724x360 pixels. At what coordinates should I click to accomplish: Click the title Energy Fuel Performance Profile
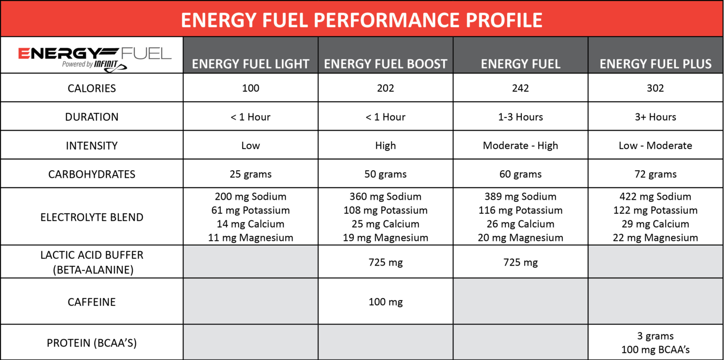pos(362,20)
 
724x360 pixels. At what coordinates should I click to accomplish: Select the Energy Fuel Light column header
pos(251,64)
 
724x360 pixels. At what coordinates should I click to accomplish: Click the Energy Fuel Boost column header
pos(386,64)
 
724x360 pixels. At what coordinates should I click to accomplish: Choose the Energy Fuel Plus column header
pos(655,64)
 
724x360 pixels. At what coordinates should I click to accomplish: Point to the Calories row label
pos(92,88)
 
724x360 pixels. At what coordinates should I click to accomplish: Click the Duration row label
pos(92,117)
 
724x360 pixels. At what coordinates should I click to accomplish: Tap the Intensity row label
pos(92,145)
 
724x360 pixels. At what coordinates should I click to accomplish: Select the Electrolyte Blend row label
pos(92,217)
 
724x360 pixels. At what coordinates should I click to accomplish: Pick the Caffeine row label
pos(92,302)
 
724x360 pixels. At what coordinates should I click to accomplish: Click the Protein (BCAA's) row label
pos(92,343)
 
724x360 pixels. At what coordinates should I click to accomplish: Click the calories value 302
pos(655,88)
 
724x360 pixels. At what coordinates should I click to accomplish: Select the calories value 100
pos(251,88)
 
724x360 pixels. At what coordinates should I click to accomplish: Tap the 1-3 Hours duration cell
pos(520,117)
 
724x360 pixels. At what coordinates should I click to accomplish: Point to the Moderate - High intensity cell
pos(520,145)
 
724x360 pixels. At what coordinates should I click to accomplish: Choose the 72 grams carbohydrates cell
pos(655,174)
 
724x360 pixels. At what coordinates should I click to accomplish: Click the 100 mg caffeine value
pos(386,302)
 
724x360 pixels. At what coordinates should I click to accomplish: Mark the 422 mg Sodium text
pos(655,196)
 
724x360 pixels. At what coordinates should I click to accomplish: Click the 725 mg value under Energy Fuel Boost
pos(386,263)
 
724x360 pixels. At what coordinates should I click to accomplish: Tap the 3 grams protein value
pos(655,336)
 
